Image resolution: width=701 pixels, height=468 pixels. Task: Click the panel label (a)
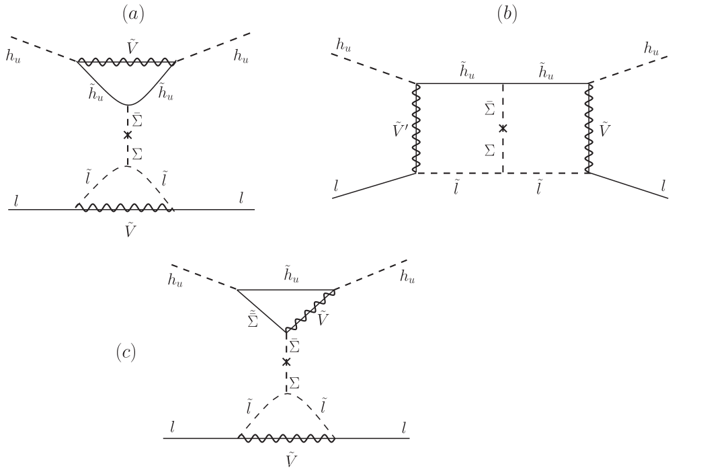click(133, 13)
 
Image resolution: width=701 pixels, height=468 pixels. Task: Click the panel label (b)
click(507, 13)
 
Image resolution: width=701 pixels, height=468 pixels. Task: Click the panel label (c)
click(126, 352)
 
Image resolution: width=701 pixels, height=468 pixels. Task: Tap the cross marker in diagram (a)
click(127, 135)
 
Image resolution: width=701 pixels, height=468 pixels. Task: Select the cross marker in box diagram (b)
click(503, 128)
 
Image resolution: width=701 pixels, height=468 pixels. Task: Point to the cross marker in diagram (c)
click(286, 362)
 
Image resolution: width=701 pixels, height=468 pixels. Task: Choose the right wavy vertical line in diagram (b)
click(589, 128)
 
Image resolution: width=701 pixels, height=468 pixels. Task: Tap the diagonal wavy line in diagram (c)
click(311, 310)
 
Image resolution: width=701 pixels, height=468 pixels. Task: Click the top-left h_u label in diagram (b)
click(343, 46)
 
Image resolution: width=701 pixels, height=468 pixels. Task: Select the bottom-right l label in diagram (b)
click(663, 186)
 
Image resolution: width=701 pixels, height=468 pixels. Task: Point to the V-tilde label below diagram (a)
click(131, 229)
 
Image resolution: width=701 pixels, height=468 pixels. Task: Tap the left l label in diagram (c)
click(173, 426)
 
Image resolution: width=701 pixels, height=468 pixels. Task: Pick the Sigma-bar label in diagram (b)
click(491, 108)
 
